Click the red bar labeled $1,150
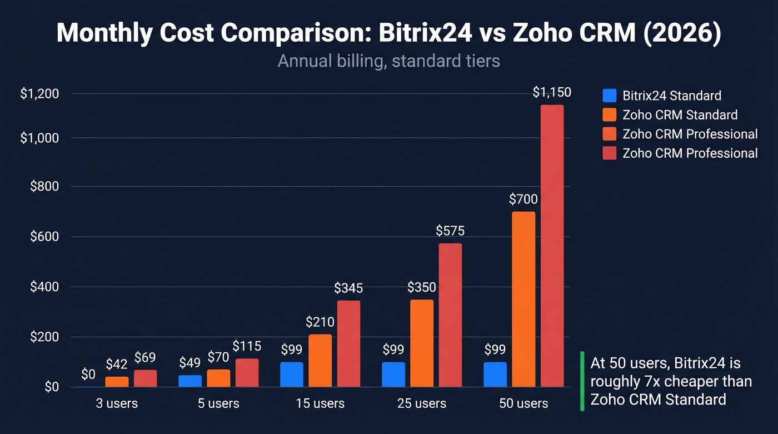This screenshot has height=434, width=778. [x=552, y=246]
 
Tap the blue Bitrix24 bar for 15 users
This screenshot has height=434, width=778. [x=292, y=375]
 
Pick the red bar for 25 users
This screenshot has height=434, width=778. [x=450, y=315]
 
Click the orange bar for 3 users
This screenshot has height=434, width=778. [x=117, y=382]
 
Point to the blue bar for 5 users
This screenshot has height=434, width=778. [x=190, y=381]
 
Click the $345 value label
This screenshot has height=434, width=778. [x=348, y=288]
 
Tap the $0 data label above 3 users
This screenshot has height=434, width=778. [x=88, y=374]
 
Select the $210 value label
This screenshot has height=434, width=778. [x=320, y=322]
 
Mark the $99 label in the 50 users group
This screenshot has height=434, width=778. [x=495, y=350]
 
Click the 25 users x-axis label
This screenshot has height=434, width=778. [x=422, y=403]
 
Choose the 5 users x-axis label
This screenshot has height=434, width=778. [x=218, y=403]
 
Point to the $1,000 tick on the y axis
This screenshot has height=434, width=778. [x=39, y=138]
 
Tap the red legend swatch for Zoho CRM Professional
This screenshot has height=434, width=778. [x=610, y=153]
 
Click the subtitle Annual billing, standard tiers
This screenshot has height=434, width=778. [x=388, y=61]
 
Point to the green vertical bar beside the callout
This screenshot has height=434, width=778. [x=582, y=381]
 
